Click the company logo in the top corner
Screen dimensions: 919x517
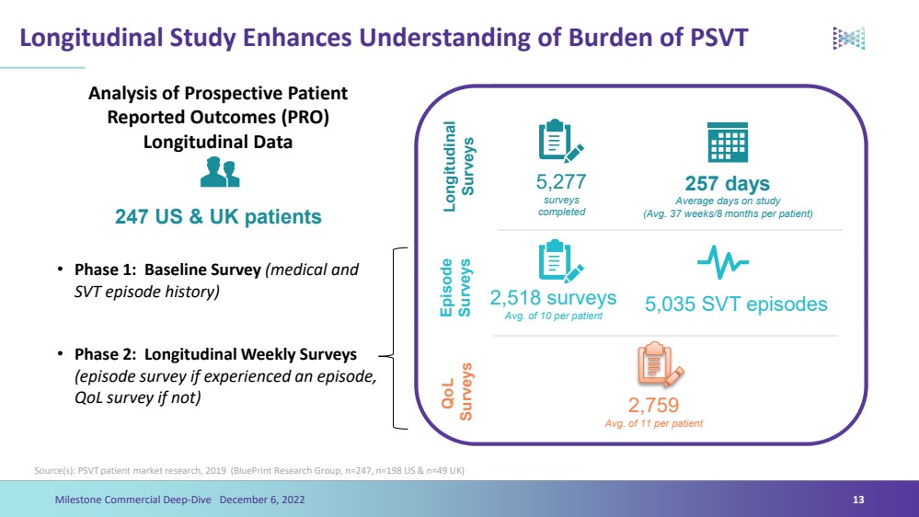[x=849, y=38]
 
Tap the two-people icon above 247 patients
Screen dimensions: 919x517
[x=220, y=172]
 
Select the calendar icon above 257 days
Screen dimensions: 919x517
[x=728, y=143]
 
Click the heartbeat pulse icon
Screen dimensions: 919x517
[x=723, y=262]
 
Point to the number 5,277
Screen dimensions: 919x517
[x=561, y=182]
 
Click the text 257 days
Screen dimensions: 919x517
[x=728, y=183]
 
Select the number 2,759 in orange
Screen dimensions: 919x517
[x=653, y=405]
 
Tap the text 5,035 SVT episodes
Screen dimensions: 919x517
[x=736, y=304]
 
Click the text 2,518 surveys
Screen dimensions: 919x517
[x=553, y=298]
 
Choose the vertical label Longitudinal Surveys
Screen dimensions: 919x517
[x=459, y=167]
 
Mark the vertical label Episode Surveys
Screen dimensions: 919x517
[x=455, y=288]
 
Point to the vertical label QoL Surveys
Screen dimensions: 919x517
[x=457, y=392]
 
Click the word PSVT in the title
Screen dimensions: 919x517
[x=718, y=38]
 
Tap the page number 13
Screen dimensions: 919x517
[x=858, y=500]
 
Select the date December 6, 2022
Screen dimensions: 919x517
[x=262, y=500]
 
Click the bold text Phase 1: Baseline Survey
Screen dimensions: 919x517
[x=167, y=270]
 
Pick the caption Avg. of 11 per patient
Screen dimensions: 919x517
[x=653, y=423]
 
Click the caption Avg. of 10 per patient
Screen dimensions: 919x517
[x=553, y=316]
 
